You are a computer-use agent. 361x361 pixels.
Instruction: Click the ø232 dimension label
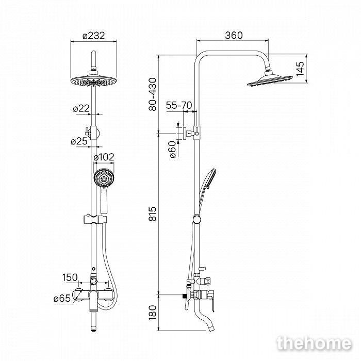click(93, 36)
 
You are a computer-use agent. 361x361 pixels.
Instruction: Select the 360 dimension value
click(234, 35)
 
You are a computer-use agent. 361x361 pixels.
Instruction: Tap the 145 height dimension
click(300, 69)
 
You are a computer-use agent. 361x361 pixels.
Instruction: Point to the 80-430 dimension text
click(153, 94)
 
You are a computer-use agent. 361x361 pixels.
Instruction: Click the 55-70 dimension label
click(179, 105)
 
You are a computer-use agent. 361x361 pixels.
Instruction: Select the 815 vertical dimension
click(153, 214)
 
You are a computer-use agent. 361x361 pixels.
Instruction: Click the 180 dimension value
click(153, 313)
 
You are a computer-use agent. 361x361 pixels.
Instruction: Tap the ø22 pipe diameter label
click(81, 108)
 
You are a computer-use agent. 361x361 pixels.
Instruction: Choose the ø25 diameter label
click(79, 141)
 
